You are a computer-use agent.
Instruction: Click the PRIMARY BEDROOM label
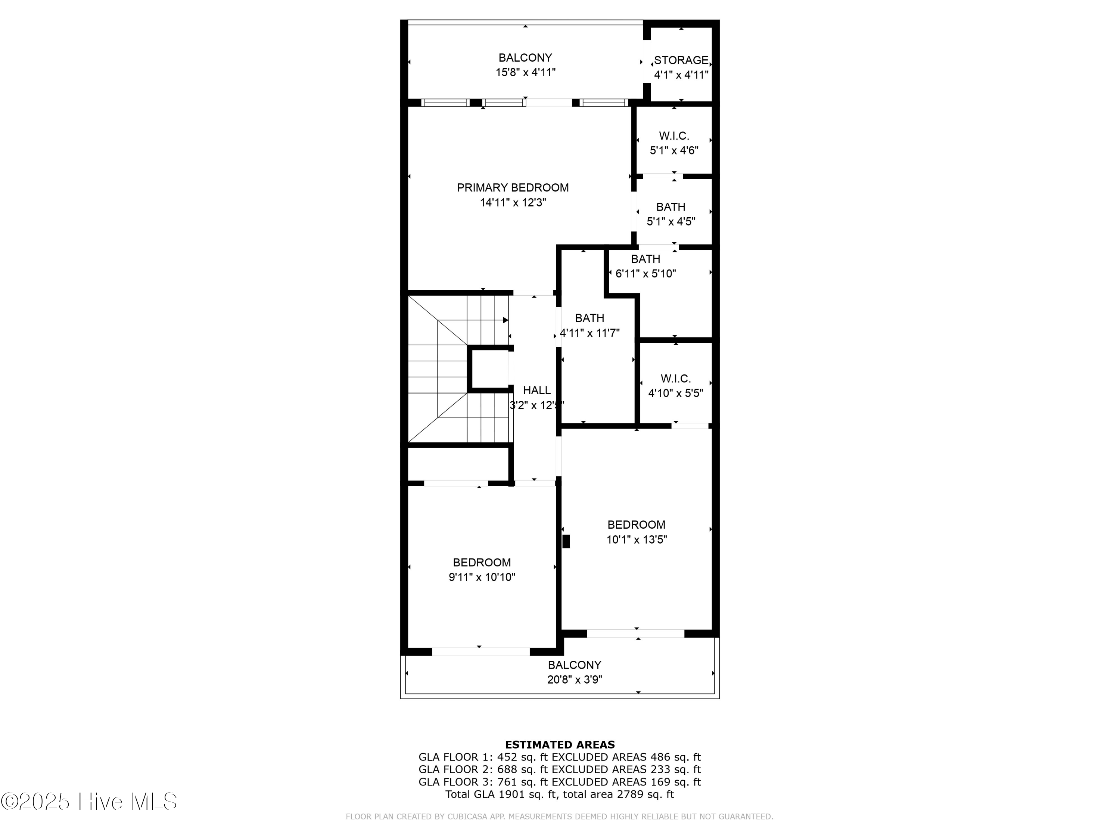[x=513, y=188]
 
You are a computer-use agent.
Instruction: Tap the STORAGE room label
[x=681, y=60]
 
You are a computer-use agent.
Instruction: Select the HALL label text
[x=536, y=391]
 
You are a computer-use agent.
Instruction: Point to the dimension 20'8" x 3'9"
[x=574, y=679]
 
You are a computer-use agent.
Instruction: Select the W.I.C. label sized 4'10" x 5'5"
[x=675, y=379]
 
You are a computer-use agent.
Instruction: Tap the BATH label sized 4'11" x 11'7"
[x=589, y=318]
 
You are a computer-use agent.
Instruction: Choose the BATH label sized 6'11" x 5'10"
[x=645, y=259]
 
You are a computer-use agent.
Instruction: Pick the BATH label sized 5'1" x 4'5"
[x=671, y=207]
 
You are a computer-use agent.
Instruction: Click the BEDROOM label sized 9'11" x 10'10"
[x=482, y=563]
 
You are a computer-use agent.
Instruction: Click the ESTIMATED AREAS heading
[x=560, y=744]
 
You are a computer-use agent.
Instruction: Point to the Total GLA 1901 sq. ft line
[x=560, y=794]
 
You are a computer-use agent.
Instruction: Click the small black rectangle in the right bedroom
[x=566, y=541]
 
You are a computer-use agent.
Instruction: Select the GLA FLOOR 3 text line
[x=560, y=782]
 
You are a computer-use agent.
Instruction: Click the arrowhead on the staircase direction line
[x=505, y=320]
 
